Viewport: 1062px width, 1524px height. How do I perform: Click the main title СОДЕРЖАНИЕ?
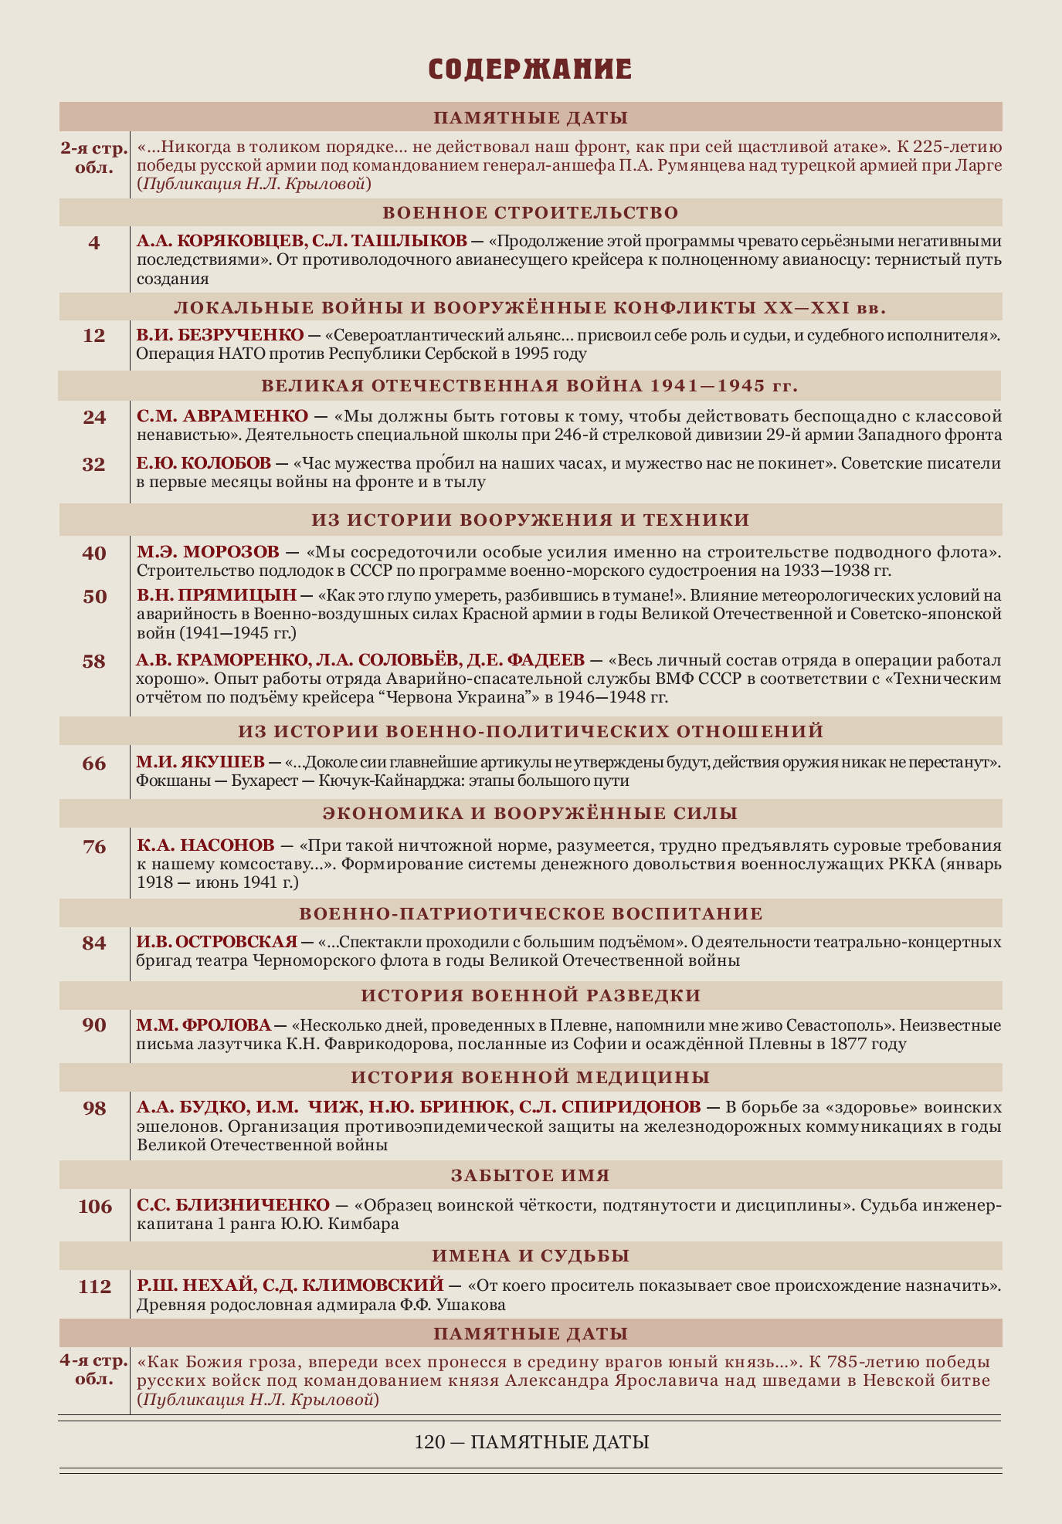pyautogui.click(x=531, y=69)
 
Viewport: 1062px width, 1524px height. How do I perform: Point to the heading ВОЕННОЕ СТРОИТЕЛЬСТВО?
pyautogui.click(x=531, y=213)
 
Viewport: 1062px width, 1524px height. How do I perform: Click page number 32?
pyautogui.click(x=94, y=464)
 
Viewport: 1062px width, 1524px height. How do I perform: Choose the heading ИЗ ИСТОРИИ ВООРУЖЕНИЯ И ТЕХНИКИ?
pyautogui.click(x=531, y=520)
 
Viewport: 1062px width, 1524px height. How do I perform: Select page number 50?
pyautogui.click(x=94, y=597)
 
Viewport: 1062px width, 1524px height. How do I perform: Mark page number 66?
pyautogui.click(x=94, y=764)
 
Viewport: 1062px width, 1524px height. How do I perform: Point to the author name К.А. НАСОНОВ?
pyautogui.click(x=205, y=845)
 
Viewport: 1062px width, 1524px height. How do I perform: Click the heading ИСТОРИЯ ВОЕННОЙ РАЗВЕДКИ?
pyautogui.click(x=531, y=995)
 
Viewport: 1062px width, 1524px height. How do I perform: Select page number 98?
pyautogui.click(x=94, y=1109)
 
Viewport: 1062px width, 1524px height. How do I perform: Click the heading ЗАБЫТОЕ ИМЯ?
pyautogui.click(x=531, y=1175)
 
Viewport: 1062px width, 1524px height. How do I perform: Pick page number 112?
pyautogui.click(x=95, y=1287)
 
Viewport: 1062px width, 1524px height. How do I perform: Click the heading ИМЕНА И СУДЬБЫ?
pyautogui.click(x=531, y=1256)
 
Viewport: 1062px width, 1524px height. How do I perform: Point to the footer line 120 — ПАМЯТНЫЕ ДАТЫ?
pyautogui.click(x=531, y=1442)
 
